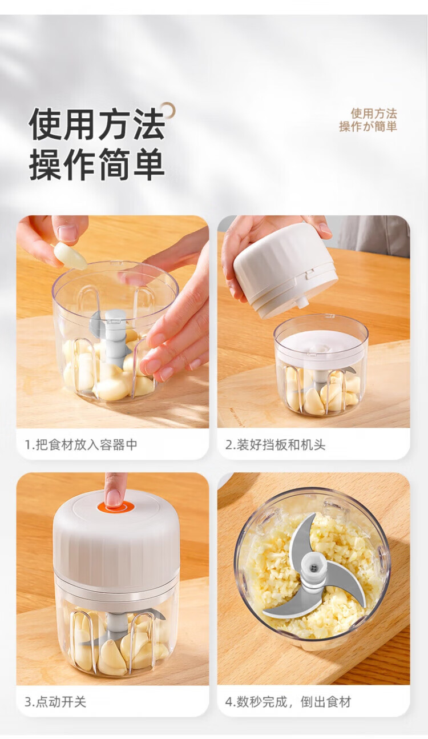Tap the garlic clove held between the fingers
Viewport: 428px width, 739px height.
[70, 255]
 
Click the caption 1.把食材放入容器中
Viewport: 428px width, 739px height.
[81, 445]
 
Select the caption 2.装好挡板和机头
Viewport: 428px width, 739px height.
[275, 445]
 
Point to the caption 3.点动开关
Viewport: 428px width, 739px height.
[55, 702]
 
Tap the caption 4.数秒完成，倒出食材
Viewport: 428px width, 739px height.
[288, 702]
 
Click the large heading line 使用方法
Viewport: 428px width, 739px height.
[97, 124]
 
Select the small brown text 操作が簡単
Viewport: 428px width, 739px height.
[368, 127]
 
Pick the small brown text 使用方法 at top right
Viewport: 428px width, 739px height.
[374, 114]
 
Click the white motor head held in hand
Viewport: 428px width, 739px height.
[285, 269]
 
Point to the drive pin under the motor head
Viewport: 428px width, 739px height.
[302, 303]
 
